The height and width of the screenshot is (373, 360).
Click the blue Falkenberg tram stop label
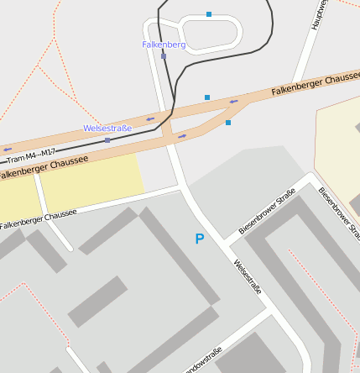[164, 44]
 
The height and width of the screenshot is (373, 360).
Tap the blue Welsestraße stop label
[107, 128]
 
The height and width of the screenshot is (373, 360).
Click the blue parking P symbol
[199, 239]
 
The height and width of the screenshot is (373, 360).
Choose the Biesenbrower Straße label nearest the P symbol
[267, 211]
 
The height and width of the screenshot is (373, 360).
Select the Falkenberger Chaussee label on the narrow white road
[38, 219]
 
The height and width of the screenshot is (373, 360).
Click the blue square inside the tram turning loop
[209, 14]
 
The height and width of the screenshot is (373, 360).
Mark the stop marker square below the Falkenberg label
[164, 56]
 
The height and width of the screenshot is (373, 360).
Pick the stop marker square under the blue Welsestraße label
[107, 140]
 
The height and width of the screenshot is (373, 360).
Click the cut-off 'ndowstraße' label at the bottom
[201, 359]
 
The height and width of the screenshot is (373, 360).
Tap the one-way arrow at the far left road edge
[8, 150]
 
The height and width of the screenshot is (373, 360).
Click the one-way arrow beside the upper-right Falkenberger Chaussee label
[233, 102]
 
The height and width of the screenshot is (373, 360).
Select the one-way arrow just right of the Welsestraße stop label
[150, 119]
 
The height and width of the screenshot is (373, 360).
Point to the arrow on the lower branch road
[181, 136]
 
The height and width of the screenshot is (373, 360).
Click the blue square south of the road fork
[228, 123]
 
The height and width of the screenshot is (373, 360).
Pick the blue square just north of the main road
[207, 97]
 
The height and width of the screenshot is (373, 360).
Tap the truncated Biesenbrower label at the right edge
[339, 213]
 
